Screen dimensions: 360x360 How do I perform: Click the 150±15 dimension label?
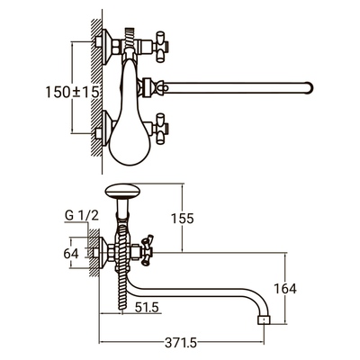tap(72, 92)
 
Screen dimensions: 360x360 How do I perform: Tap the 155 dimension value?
tap(183, 219)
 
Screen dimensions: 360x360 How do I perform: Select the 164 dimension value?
tap(285, 289)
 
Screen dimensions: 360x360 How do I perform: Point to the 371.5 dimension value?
tap(181, 343)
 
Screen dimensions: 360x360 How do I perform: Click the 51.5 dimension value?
tap(147, 308)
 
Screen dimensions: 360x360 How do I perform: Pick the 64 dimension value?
tap(71, 254)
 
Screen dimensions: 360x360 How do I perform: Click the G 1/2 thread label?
tap(82, 216)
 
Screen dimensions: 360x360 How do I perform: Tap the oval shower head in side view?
tap(122, 192)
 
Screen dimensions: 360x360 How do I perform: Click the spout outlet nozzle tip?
tap(265, 319)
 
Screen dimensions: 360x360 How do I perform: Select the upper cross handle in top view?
tap(160, 47)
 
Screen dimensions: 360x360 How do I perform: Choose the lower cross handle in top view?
tap(160, 129)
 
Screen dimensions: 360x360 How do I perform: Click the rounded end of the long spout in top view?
tap(310, 87)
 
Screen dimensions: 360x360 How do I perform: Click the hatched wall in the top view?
tap(96, 87)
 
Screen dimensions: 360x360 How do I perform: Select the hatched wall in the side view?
tap(94, 252)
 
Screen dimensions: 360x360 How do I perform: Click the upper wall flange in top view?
tap(106, 47)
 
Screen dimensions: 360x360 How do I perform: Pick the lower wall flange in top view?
tap(106, 129)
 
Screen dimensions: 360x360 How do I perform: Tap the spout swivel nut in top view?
tap(147, 87)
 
